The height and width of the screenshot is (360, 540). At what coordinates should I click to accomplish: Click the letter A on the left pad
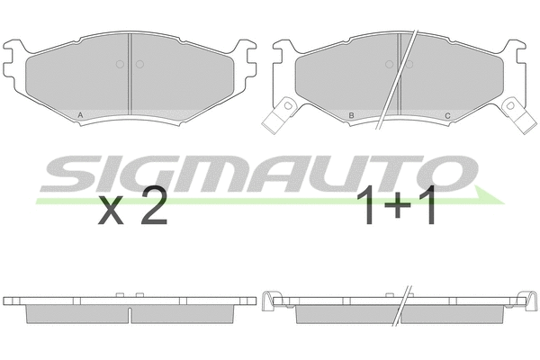(82, 115)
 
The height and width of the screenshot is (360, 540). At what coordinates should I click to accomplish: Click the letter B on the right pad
(351, 115)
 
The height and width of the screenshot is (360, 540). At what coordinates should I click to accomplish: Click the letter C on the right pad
(447, 115)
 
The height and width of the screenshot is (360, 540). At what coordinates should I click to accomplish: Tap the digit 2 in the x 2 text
(153, 209)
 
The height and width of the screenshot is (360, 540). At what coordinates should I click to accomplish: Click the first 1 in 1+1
(370, 208)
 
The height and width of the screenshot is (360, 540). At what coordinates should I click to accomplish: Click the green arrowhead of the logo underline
(487, 197)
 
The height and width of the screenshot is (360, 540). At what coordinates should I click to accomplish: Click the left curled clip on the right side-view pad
(268, 303)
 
